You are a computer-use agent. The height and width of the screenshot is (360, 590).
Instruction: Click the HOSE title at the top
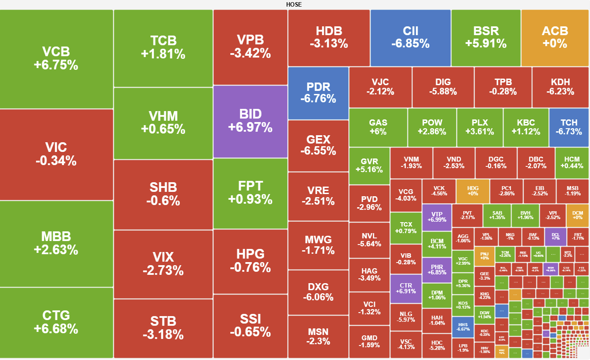click(294, 4)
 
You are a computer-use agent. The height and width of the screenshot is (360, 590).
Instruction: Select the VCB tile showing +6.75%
click(56, 59)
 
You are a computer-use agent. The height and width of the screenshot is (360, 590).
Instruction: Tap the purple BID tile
click(250, 121)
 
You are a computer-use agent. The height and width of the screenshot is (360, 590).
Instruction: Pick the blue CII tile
click(411, 38)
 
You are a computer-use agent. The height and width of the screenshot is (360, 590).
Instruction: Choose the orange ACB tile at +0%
click(555, 38)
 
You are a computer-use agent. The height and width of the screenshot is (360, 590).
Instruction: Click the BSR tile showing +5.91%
click(486, 38)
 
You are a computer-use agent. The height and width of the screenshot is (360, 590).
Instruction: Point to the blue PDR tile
click(318, 93)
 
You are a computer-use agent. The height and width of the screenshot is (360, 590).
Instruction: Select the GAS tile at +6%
click(378, 127)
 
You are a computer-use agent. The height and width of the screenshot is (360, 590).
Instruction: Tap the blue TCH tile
click(569, 127)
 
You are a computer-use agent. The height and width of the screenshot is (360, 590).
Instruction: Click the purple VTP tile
click(437, 217)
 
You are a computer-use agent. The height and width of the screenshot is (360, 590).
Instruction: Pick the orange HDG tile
click(473, 191)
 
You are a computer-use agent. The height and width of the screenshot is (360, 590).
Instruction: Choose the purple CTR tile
click(406, 288)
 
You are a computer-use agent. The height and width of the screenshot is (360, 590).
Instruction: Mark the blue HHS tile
click(463, 327)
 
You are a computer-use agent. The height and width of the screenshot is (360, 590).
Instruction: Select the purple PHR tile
click(437, 270)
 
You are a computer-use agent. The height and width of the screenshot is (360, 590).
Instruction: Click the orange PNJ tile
click(484, 256)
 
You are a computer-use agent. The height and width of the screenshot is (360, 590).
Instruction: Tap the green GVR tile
click(369, 166)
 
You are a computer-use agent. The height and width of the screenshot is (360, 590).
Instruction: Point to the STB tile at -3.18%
click(163, 328)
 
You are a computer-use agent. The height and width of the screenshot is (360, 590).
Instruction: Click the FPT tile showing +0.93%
click(250, 193)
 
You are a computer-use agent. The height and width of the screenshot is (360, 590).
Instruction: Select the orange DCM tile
click(578, 215)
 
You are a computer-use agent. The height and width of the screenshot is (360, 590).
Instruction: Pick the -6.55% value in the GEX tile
click(318, 151)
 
